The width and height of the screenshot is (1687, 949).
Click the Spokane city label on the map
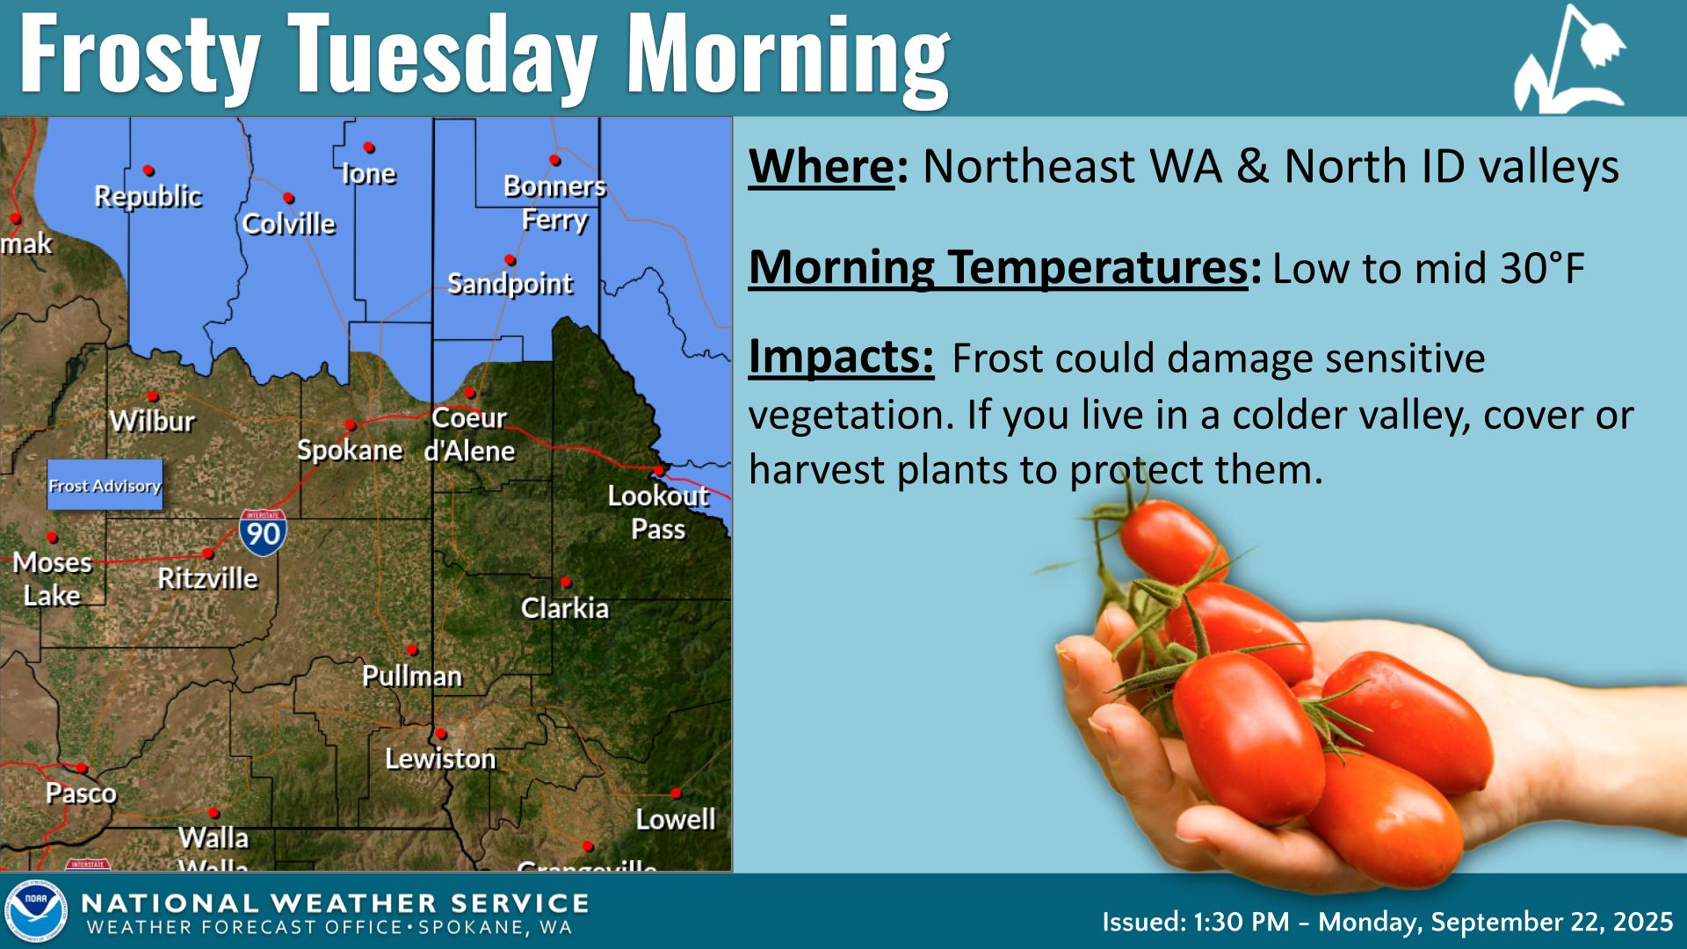click(350, 451)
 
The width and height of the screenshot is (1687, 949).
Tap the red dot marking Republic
click(149, 170)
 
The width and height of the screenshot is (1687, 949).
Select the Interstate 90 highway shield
click(262, 532)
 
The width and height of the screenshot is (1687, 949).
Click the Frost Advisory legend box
click(105, 485)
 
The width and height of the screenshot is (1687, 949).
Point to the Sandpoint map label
click(510, 284)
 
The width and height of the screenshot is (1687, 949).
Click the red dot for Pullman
click(412, 650)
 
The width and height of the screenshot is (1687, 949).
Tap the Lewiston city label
click(440, 758)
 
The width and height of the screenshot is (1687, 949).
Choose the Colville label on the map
click(289, 224)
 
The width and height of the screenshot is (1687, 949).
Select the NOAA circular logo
click(36, 912)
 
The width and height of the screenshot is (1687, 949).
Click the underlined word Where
click(821, 166)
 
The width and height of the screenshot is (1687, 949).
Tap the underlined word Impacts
click(840, 357)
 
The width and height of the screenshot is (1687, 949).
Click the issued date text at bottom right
click(1387, 922)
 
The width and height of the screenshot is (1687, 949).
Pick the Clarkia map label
click(565, 608)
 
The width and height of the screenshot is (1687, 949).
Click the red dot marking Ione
click(369, 148)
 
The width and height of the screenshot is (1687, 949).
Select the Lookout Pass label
click(658, 512)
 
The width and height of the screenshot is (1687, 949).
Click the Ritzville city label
click(208, 578)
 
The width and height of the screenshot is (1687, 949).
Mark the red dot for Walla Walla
click(214, 814)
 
